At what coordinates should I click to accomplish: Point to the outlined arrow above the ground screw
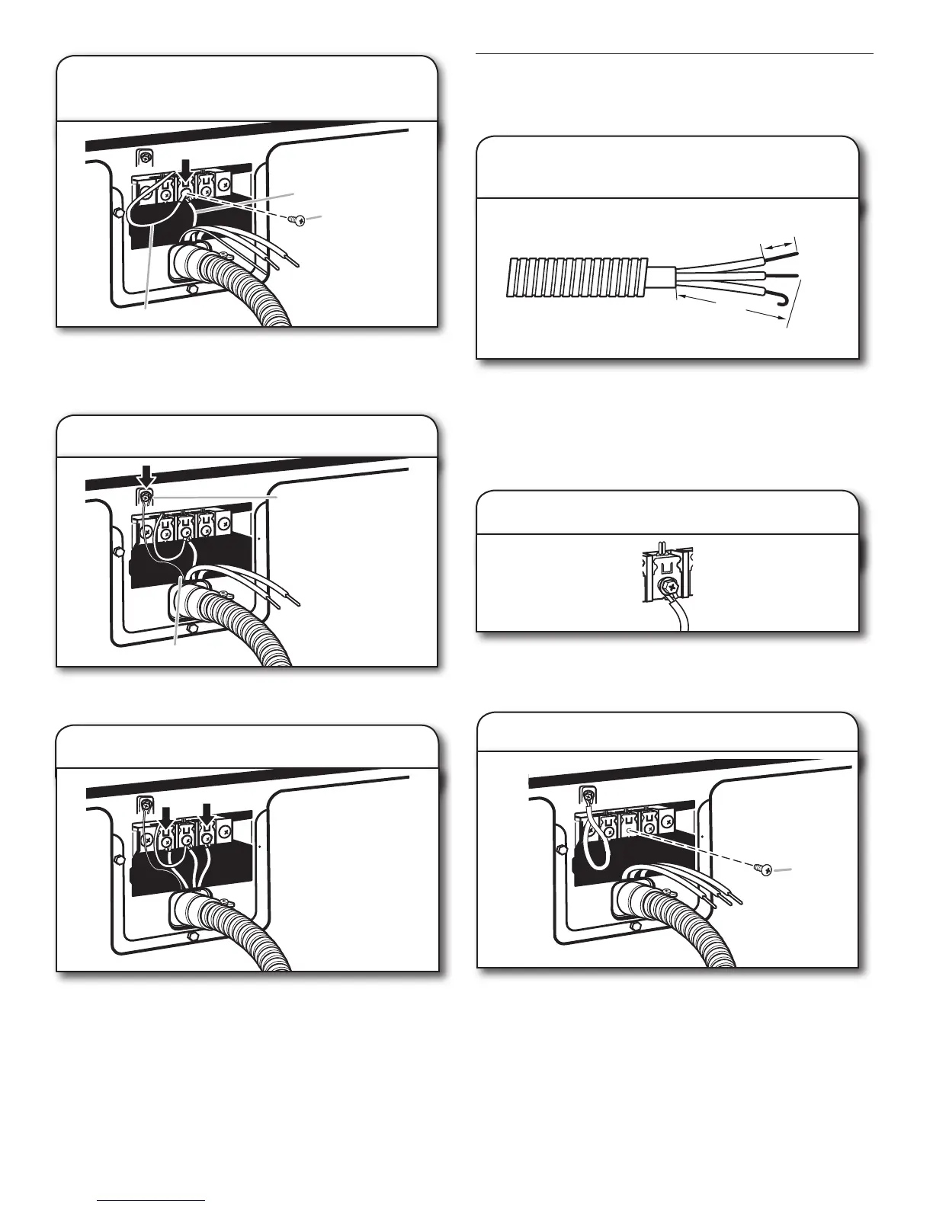coord(146,476)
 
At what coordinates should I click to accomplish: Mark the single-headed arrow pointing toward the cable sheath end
coord(695,297)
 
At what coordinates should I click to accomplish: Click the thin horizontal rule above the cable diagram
coord(675,54)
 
